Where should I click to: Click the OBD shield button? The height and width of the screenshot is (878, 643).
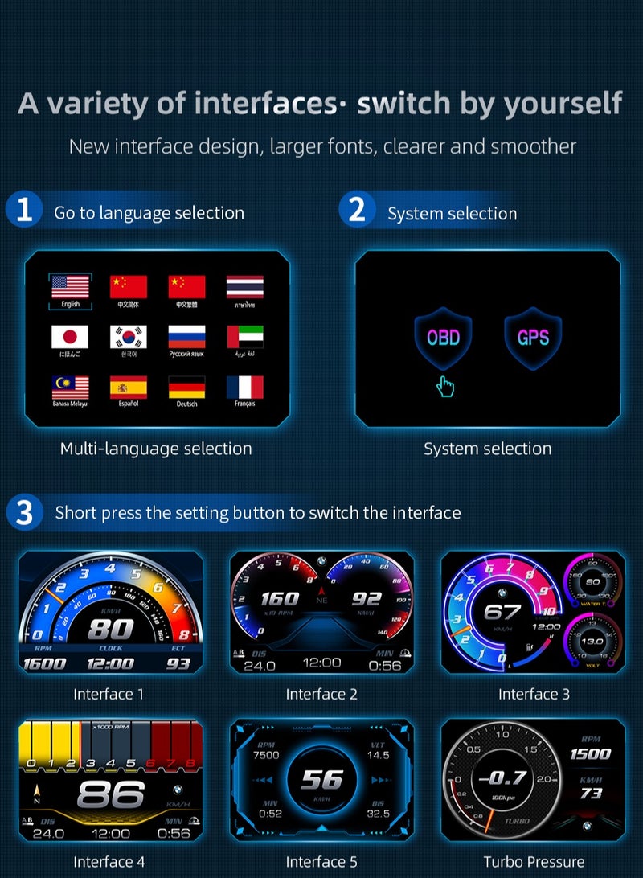(443, 337)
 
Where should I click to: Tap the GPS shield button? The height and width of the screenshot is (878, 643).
(533, 337)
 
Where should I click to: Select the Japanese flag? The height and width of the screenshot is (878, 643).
(70, 337)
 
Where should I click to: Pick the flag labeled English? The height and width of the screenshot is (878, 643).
(70, 287)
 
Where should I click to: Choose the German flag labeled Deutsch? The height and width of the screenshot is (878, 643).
(186, 388)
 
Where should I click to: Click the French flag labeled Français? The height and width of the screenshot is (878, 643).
(245, 388)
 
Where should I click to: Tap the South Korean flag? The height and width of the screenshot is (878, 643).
(129, 337)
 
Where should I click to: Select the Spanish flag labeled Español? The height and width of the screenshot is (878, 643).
(129, 388)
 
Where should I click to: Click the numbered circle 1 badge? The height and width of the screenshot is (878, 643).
(24, 211)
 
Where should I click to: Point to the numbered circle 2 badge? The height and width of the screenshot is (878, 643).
(358, 211)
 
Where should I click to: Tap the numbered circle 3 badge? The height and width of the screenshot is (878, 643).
(24, 512)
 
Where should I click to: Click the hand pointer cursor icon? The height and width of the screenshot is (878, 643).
(445, 387)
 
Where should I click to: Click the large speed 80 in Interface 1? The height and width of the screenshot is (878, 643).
(110, 628)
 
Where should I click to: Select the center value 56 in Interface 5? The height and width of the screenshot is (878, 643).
(321, 779)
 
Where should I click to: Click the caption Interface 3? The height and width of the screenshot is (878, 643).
(534, 694)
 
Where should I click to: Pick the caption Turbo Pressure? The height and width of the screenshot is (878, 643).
(534, 862)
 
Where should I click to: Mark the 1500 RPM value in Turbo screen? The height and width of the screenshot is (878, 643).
(591, 753)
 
